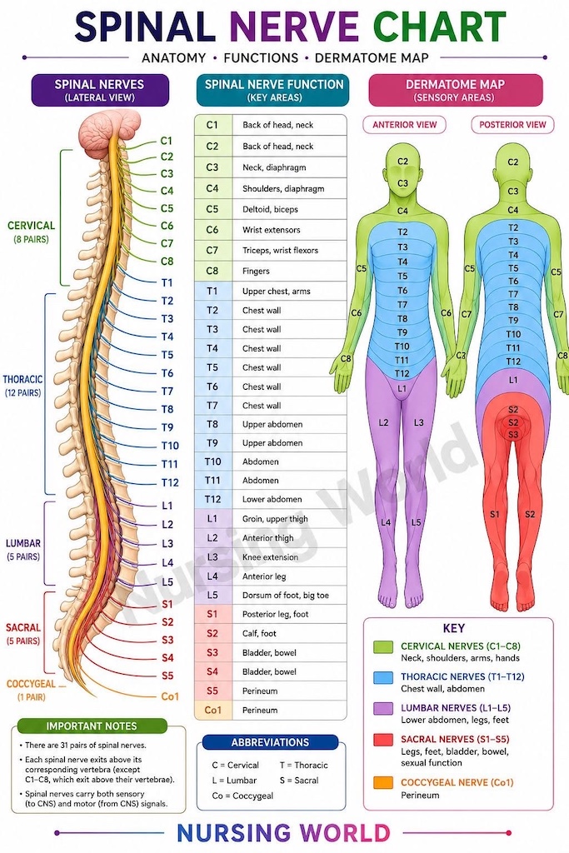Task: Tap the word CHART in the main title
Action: tap(440, 26)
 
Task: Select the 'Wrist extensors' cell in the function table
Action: tap(271, 230)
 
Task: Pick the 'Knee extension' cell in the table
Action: tap(270, 557)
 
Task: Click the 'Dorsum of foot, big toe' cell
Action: tap(286, 595)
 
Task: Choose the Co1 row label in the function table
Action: tap(213, 710)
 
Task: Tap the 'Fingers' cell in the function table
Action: tap(256, 271)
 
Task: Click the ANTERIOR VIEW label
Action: tap(404, 125)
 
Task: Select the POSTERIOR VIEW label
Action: tap(512, 125)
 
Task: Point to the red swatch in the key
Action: tap(383, 740)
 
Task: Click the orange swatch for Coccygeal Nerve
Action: tap(383, 783)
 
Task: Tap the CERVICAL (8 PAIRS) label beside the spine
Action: tap(31, 232)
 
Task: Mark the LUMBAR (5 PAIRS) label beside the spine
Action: tap(22, 550)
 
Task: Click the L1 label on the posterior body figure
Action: tap(513, 380)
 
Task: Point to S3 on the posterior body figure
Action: tap(513, 435)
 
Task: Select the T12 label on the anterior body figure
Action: tap(402, 373)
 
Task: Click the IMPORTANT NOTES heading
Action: tap(92, 726)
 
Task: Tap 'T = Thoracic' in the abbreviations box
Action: tap(303, 765)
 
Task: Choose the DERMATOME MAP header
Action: tap(456, 84)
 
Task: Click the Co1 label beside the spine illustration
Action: tap(170, 696)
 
